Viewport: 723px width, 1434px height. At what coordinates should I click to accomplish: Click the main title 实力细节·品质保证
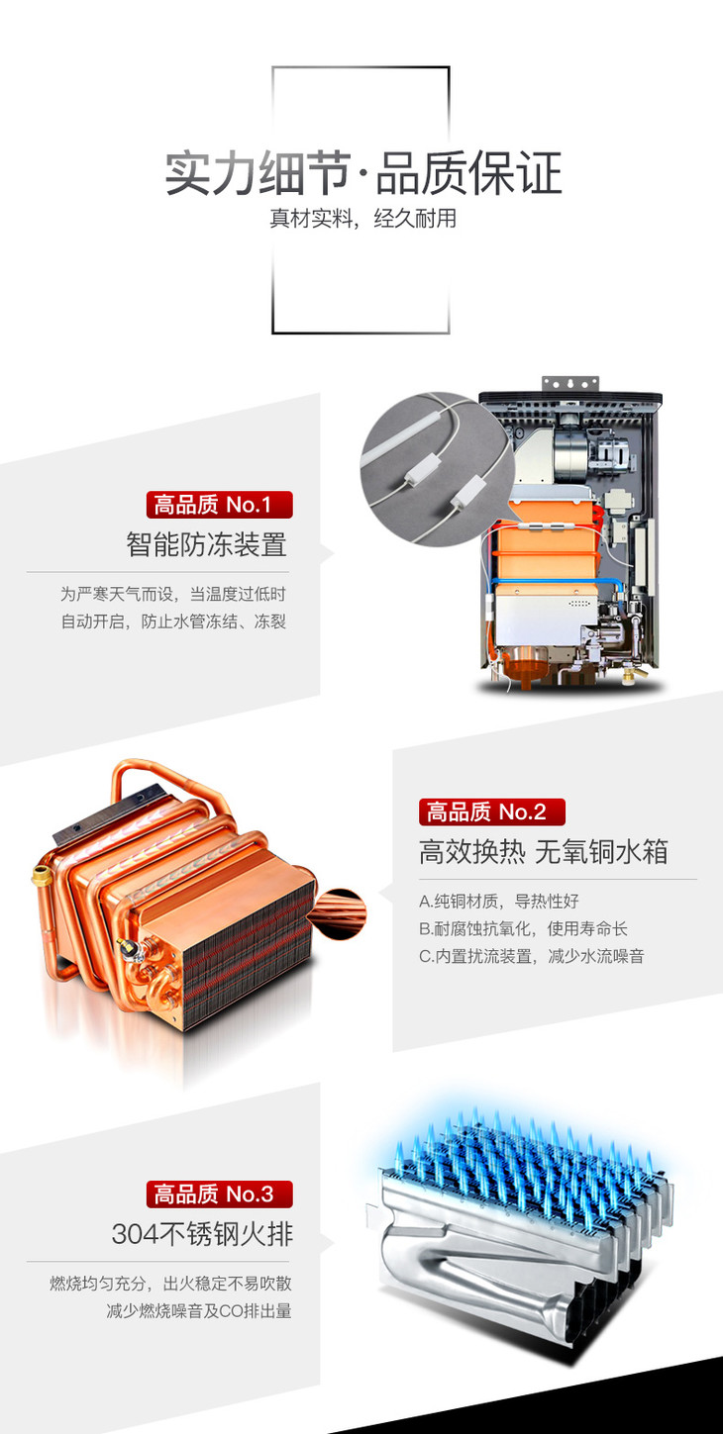click(x=363, y=173)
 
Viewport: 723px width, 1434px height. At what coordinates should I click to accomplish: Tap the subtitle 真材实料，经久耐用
click(x=362, y=219)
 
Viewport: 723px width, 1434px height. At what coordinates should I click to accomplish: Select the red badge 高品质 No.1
click(x=220, y=505)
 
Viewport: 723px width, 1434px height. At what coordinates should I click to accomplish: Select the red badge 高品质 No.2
click(x=492, y=812)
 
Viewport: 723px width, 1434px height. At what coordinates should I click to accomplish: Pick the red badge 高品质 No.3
click(x=220, y=1194)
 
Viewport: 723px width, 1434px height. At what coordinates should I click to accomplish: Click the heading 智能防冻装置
click(x=206, y=544)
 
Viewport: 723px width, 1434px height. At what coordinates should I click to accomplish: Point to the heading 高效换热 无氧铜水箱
click(x=543, y=852)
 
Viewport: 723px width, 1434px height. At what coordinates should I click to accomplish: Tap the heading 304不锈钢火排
click(x=202, y=1234)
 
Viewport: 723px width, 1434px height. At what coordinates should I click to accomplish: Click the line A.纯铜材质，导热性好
click(x=499, y=902)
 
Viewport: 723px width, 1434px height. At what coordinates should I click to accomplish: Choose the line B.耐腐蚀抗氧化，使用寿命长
click(x=523, y=928)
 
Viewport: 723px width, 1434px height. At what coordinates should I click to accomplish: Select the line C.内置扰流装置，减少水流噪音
click(x=532, y=956)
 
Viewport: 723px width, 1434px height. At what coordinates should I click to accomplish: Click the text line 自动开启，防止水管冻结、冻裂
click(x=173, y=621)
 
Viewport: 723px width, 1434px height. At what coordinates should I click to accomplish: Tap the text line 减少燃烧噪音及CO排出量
click(x=199, y=1310)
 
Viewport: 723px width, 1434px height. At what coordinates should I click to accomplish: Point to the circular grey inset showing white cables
click(x=437, y=469)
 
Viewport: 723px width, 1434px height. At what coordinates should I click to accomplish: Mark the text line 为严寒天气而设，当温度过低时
click(x=173, y=594)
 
